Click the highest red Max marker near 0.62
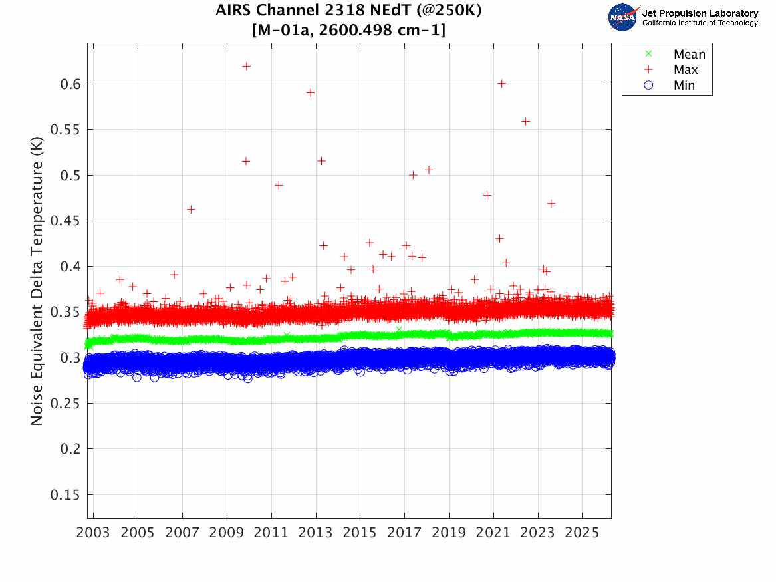pyautogui.click(x=246, y=66)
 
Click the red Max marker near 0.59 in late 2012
pyautogui.click(x=310, y=92)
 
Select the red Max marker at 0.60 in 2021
pyautogui.click(x=501, y=83)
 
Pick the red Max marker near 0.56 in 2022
pyautogui.click(x=525, y=121)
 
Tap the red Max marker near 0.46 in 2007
pyautogui.click(x=191, y=209)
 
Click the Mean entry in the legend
pyautogui.click(x=689, y=55)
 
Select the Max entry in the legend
pyautogui.click(x=686, y=70)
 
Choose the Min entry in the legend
pyautogui.click(x=684, y=86)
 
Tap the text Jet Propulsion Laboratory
pyautogui.click(x=700, y=13)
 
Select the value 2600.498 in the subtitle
pyautogui.click(x=348, y=30)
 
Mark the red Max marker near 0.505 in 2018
pyautogui.click(x=429, y=170)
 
